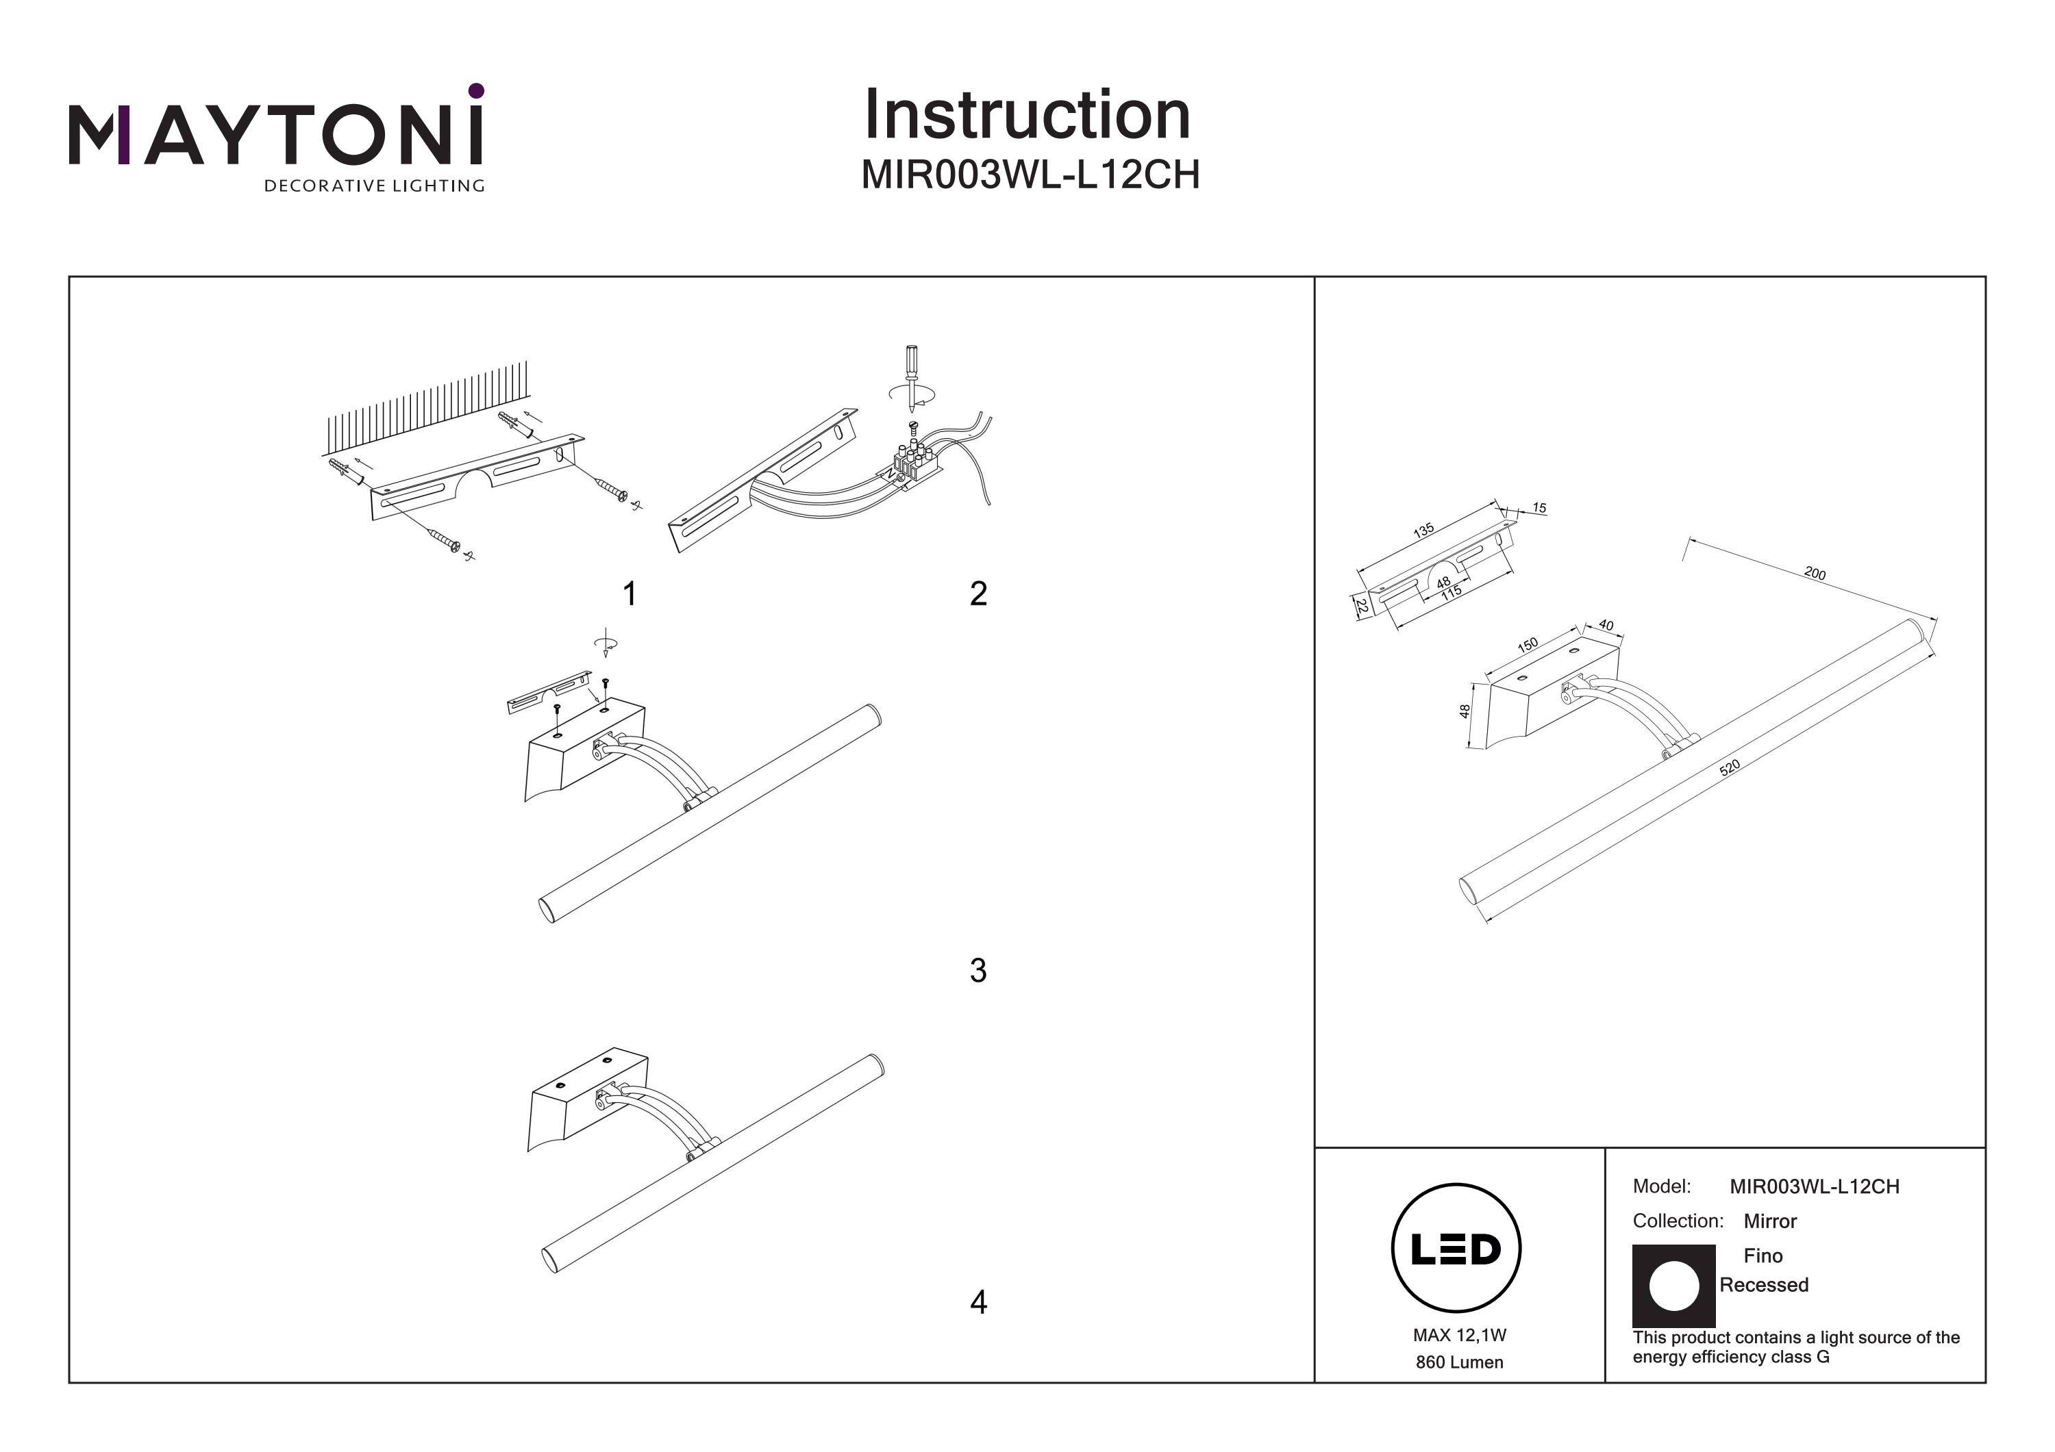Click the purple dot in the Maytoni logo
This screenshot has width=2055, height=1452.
[476, 90]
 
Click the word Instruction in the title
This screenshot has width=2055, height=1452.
[1027, 116]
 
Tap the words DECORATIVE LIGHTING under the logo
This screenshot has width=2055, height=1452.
[373, 186]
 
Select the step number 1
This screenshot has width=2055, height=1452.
[630, 593]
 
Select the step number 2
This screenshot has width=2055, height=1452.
[978, 593]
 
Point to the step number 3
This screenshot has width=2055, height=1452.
[978, 971]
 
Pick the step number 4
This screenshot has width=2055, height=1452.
[978, 1301]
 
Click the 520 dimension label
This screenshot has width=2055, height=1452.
[1729, 767]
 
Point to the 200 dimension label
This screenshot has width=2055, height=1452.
[1815, 574]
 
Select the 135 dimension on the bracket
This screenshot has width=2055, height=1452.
[1423, 531]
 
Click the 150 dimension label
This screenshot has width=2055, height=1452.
[1527, 644]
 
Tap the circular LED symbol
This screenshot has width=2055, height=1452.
[1456, 1249]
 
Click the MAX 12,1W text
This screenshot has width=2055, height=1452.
[1459, 1335]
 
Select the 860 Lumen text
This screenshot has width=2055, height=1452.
[1459, 1362]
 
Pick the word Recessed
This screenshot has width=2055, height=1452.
[1763, 1285]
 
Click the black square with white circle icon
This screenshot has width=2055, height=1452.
[1673, 1286]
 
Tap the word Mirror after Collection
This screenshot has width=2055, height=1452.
[1769, 1221]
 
